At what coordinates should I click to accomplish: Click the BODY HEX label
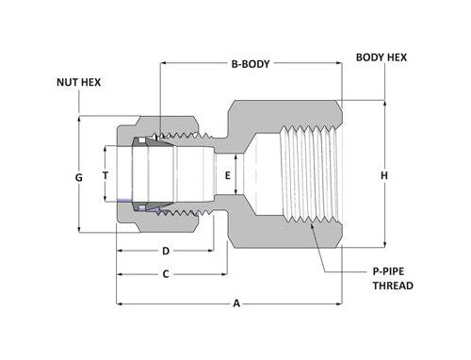point(382,57)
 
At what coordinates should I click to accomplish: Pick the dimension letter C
point(165,274)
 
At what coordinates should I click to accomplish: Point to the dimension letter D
point(165,251)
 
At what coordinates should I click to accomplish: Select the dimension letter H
point(384,175)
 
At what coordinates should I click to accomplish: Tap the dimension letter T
point(106,176)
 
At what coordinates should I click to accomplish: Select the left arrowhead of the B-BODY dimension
point(164,65)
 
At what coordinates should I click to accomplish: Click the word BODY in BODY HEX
point(370,57)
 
